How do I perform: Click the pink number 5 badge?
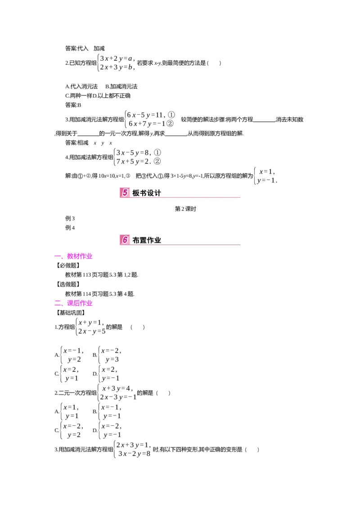click(125, 193)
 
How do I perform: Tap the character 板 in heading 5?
click(136, 193)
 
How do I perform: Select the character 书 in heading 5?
click(143, 193)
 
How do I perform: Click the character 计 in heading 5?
click(157, 193)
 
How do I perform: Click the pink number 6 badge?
click(125, 240)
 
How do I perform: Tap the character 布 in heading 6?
click(136, 241)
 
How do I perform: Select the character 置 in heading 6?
click(143, 241)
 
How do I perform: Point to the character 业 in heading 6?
click(157, 241)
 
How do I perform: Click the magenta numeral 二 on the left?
click(57, 304)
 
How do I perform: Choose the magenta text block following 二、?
click(80, 304)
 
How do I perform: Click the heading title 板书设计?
click(147, 193)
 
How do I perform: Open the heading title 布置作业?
click(147, 241)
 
